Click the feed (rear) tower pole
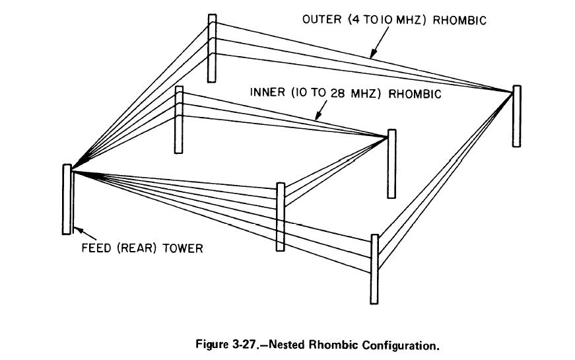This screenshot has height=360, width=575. pos(67,199)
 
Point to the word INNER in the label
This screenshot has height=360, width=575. pos(267,93)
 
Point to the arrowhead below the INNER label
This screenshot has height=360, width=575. pos(318,118)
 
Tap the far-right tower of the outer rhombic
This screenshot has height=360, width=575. pos(516,116)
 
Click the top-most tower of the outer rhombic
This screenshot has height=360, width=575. pos(211,48)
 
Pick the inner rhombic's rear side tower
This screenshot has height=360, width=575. pos(178,120)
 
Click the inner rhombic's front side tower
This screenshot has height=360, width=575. pos(280,217)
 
